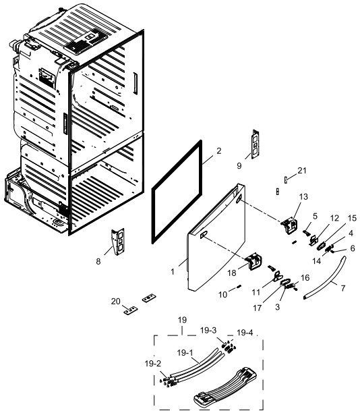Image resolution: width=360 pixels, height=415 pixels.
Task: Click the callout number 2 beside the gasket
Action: (x=218, y=151)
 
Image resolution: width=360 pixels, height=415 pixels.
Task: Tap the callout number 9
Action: (x=239, y=166)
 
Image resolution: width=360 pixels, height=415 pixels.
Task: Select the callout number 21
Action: (x=302, y=171)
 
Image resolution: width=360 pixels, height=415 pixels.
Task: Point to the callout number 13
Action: (x=303, y=196)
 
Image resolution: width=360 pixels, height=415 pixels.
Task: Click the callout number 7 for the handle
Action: (x=343, y=288)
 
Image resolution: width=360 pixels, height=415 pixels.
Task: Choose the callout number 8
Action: (x=98, y=262)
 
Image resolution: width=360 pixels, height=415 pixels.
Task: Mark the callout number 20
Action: (x=115, y=301)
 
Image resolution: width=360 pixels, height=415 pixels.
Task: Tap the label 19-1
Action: (x=185, y=352)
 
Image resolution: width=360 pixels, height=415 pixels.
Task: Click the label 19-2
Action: (x=153, y=364)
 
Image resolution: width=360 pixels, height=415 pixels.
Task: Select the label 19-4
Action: (x=245, y=333)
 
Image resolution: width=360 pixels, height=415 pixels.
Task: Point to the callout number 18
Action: (x=232, y=273)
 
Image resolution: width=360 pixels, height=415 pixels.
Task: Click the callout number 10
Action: (x=222, y=294)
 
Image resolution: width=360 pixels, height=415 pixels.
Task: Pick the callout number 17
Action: (x=257, y=308)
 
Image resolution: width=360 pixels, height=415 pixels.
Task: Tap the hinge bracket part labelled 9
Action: (x=256, y=144)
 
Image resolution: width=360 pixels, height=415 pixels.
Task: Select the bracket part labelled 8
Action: (x=118, y=242)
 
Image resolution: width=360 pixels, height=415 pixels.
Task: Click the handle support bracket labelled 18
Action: (x=253, y=261)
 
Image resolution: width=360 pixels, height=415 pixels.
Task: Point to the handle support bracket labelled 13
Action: (x=290, y=225)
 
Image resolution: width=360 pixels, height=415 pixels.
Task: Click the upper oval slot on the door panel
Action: (x=239, y=198)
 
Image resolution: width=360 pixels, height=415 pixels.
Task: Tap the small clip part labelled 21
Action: (x=286, y=179)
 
